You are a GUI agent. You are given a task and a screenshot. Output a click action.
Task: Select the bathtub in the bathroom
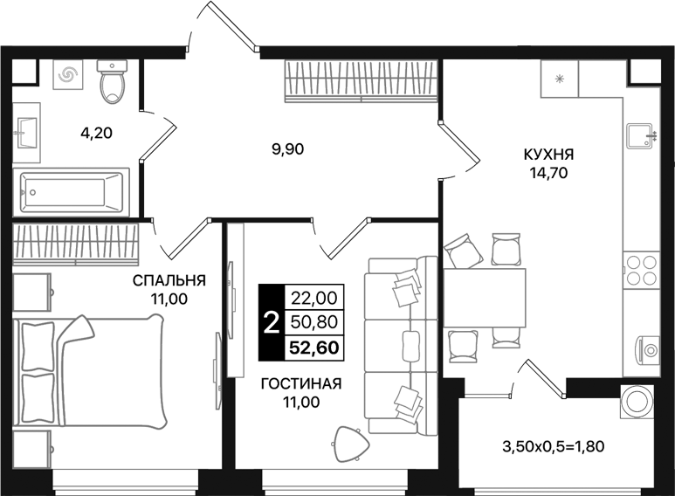[x=72, y=190]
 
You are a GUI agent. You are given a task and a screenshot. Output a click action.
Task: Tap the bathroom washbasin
[x=27, y=135]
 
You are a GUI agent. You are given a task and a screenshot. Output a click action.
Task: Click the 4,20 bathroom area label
[x=97, y=134]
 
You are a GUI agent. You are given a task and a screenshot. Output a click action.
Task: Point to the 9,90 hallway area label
[x=287, y=148]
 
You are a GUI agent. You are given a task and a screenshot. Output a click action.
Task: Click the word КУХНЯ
[x=548, y=155]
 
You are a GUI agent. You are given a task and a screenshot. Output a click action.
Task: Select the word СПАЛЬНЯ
[x=169, y=280]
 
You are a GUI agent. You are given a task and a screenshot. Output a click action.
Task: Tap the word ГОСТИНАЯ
[x=300, y=383]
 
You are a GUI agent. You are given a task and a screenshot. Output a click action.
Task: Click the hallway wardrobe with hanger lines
[x=361, y=81]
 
